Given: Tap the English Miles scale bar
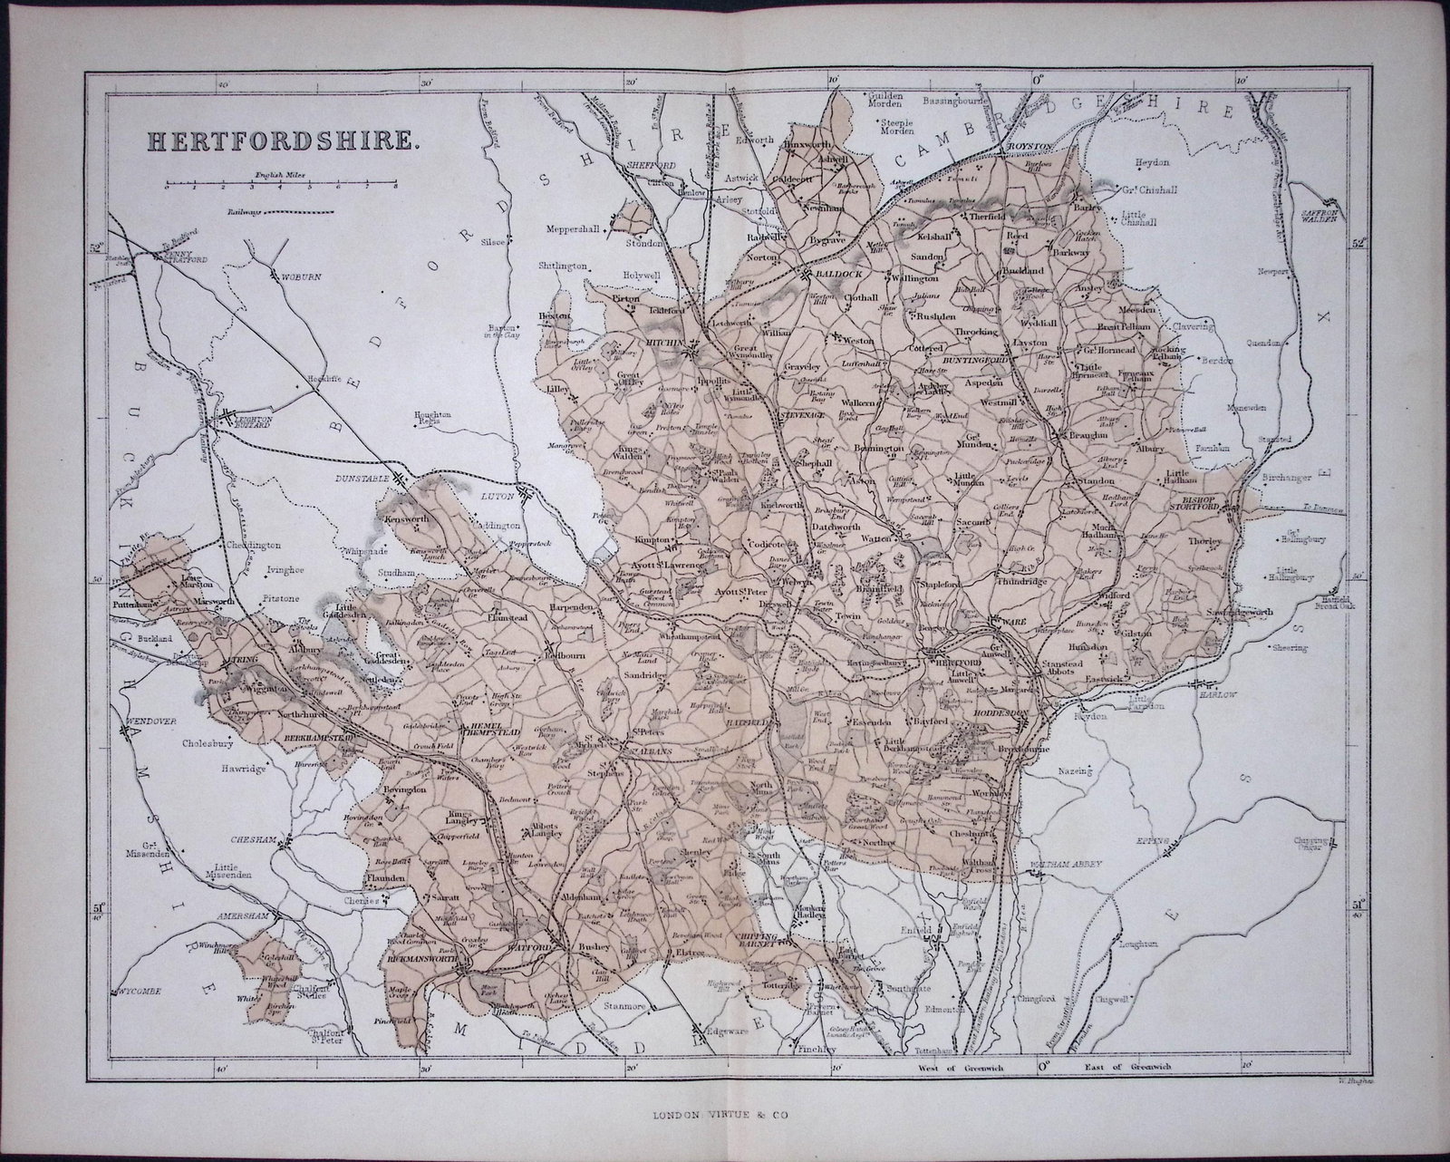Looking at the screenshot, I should [x=281, y=185].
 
